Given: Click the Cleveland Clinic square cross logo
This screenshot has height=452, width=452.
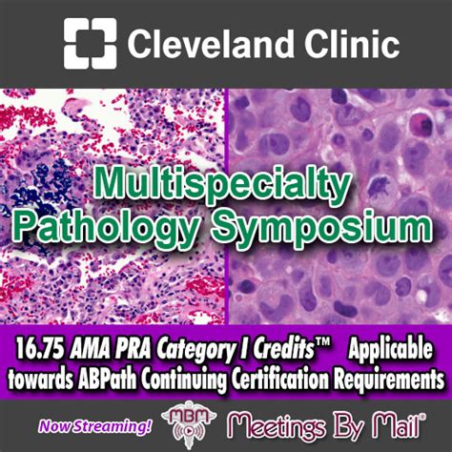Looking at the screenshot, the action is [91, 43].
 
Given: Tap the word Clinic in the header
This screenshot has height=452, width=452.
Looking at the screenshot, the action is [352, 43].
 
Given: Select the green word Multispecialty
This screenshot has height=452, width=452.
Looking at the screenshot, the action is [222, 184].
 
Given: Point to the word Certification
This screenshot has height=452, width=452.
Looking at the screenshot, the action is [279, 380].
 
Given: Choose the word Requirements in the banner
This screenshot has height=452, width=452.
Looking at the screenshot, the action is [388, 380].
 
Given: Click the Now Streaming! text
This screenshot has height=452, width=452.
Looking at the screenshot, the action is [95, 426].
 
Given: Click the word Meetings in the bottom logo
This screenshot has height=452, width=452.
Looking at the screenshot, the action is [277, 426].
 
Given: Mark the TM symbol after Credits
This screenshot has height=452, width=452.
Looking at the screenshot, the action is [323, 344].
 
